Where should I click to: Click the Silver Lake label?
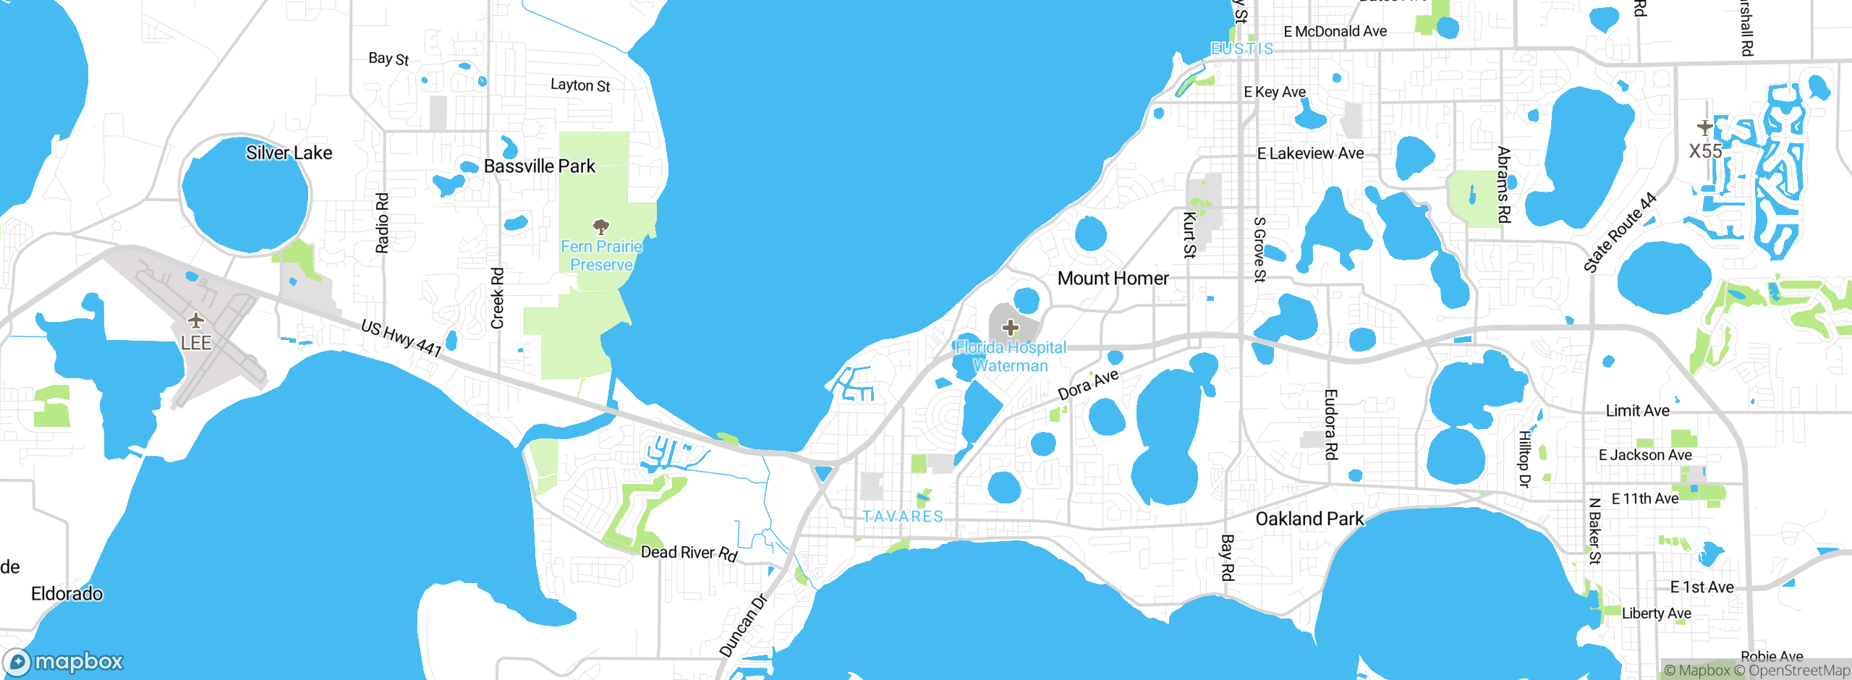(289, 153)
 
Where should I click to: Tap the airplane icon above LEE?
(195, 320)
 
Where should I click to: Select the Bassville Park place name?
(540, 166)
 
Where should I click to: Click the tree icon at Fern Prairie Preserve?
(600, 227)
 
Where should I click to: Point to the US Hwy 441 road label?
(402, 338)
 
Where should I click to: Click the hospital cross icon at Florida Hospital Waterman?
(1011, 328)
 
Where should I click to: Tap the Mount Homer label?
(1113, 279)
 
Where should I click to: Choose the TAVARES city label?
(903, 517)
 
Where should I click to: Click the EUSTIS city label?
(1241, 48)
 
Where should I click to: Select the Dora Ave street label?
(1088, 385)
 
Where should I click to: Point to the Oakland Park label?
(1309, 519)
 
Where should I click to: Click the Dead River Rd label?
(689, 553)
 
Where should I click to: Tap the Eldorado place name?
(67, 594)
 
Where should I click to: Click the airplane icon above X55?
(1705, 128)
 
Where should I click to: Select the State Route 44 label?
(1620, 232)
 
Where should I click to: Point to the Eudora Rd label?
(1330, 424)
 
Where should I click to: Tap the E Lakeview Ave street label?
(1310, 153)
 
